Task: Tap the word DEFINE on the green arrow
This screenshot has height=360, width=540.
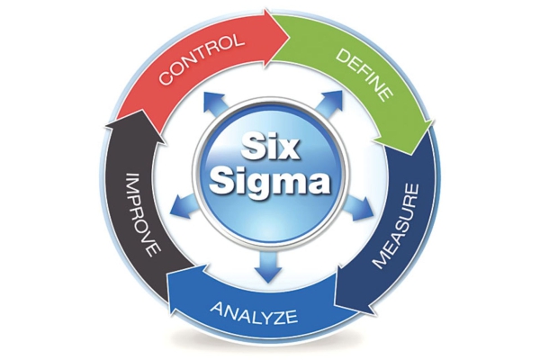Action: [x=364, y=74]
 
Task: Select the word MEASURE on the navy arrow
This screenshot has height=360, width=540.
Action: [x=397, y=226]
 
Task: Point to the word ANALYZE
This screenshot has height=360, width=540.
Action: [x=254, y=312]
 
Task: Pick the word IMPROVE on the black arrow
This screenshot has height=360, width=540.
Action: [x=142, y=214]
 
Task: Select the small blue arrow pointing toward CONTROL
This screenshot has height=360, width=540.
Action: [x=217, y=104]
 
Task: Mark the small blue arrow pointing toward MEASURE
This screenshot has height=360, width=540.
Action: [x=358, y=207]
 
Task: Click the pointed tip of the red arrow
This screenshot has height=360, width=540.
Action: [x=289, y=34]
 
